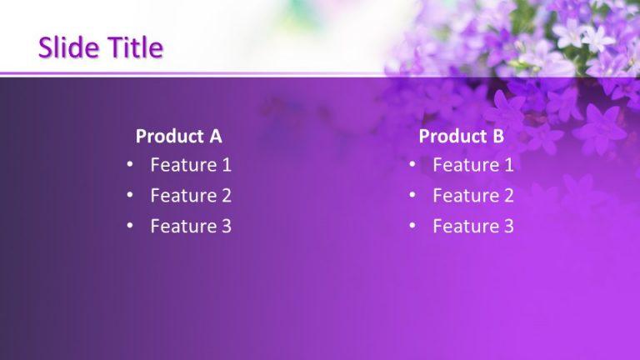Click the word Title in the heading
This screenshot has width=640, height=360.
(x=132, y=48)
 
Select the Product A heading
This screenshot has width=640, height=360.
(x=178, y=137)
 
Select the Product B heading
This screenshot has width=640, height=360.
(x=461, y=137)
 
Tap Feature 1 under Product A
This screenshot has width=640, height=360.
(x=190, y=165)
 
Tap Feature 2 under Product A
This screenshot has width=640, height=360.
(x=190, y=196)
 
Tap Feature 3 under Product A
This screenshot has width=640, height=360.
(x=190, y=226)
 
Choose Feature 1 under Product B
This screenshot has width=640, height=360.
(x=472, y=165)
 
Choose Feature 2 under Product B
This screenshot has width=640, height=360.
(x=472, y=196)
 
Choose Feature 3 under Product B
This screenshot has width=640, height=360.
(x=472, y=226)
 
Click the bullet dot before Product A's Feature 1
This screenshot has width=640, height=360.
(x=130, y=165)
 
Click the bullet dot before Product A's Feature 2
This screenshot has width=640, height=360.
(x=130, y=196)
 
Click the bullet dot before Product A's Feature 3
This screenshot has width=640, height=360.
(x=130, y=226)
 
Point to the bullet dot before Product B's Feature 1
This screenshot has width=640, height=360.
(x=412, y=165)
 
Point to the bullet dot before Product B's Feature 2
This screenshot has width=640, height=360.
(x=412, y=196)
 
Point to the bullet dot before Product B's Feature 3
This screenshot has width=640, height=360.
(x=412, y=226)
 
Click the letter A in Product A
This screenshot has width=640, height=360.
(x=215, y=137)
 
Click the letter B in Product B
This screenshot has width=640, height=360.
(x=498, y=137)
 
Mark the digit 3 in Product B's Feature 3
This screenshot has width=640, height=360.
(x=508, y=226)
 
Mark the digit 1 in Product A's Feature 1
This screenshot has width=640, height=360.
(x=226, y=165)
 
